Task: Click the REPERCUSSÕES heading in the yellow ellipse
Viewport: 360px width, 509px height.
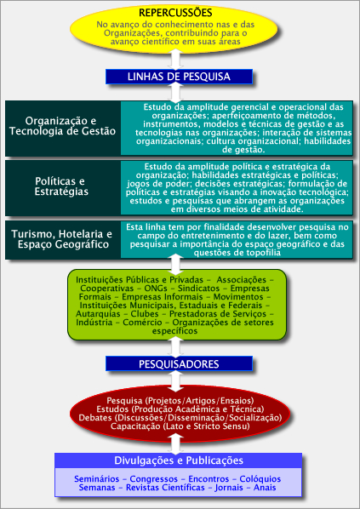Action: point(175,13)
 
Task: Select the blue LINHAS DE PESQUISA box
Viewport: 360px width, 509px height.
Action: point(179,77)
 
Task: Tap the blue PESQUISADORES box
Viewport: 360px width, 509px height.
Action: point(179,363)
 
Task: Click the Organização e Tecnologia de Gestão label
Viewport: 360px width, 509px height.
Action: point(61,126)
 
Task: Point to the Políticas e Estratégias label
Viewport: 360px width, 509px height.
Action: point(61,186)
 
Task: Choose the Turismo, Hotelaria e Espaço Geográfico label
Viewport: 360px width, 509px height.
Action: point(62,239)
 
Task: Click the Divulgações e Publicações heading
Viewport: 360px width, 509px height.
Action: point(179,460)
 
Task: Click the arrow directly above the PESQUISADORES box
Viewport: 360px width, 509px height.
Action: point(175,347)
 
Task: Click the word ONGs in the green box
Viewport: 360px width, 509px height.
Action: point(155,289)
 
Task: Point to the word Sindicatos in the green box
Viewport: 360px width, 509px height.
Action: point(198,289)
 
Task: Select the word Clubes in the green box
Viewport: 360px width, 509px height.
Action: point(145,314)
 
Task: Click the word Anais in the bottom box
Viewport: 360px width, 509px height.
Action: point(265,488)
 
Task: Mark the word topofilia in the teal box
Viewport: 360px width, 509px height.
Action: point(264,253)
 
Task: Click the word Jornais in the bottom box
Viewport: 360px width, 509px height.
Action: point(229,488)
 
